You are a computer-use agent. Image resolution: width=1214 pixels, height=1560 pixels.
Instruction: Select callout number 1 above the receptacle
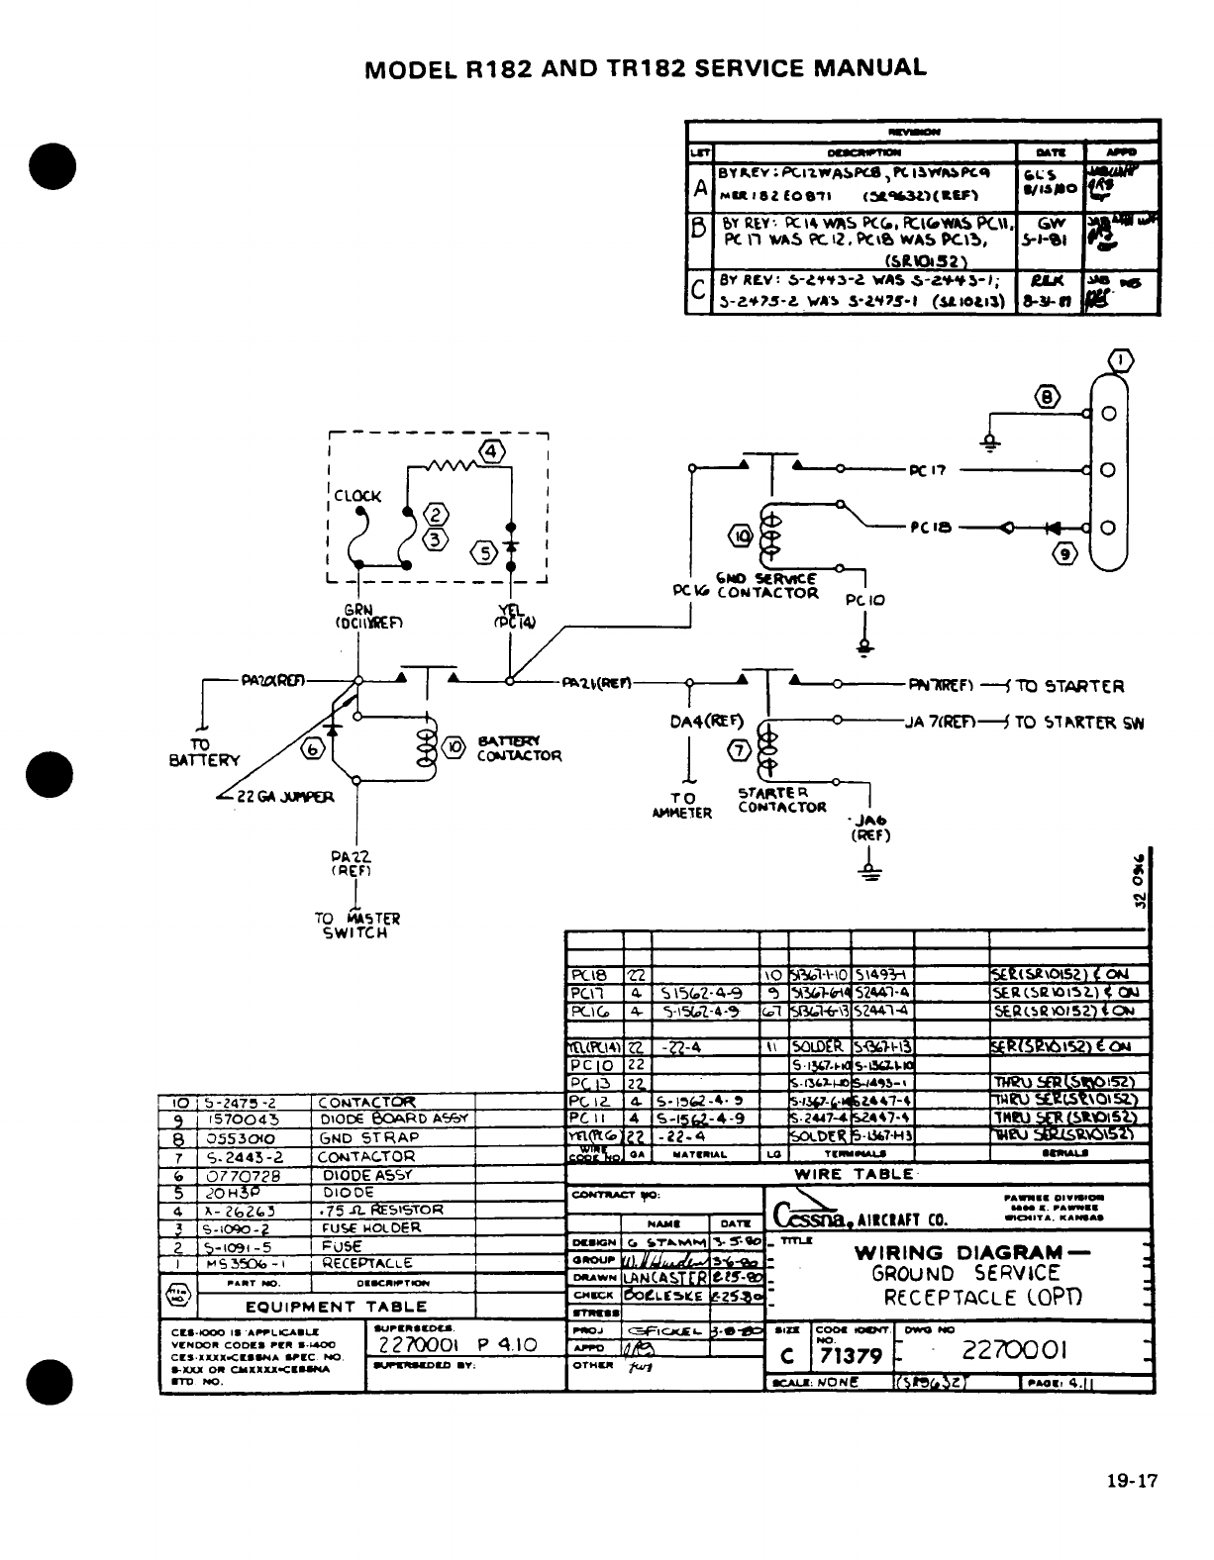[x=1120, y=360]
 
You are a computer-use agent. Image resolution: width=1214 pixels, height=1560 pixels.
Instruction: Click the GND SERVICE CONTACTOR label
[x=772, y=586]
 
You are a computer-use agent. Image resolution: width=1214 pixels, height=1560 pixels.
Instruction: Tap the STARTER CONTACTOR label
[x=781, y=799]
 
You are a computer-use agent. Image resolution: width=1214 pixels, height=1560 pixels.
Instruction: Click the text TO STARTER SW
[x=1079, y=723]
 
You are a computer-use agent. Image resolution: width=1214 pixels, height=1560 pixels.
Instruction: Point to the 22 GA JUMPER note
[x=281, y=796]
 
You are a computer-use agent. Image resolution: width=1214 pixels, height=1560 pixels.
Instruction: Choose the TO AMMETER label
[x=682, y=805]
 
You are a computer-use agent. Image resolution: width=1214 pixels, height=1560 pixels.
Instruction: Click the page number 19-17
[x=1132, y=1481]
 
